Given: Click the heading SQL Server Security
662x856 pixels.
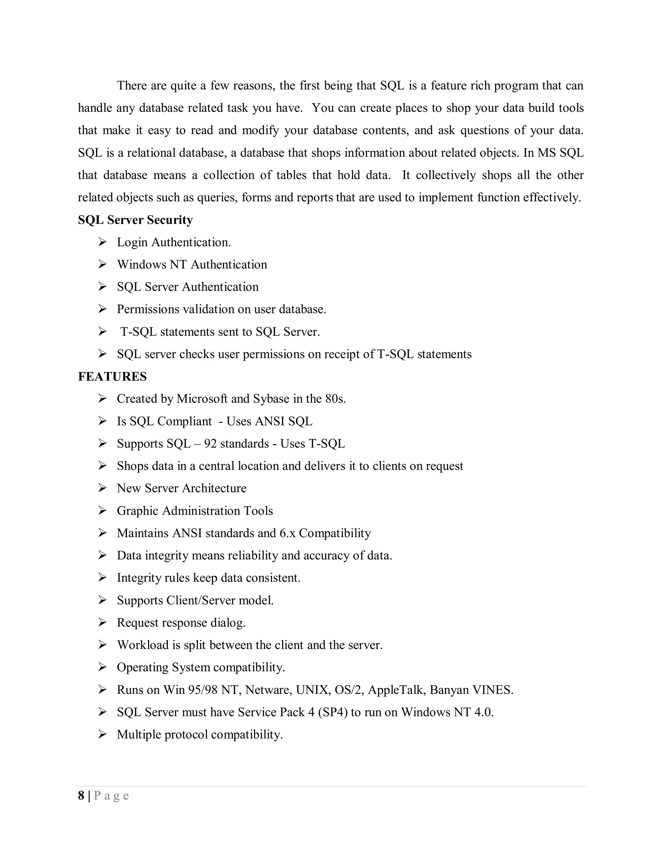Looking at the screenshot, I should pyautogui.click(x=135, y=220).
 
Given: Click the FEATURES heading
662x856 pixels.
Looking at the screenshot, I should pyautogui.click(x=112, y=376).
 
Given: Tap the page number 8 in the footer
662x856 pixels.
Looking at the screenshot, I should pyautogui.click(x=81, y=795).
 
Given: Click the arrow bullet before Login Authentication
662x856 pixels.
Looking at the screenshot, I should pyautogui.click(x=102, y=242).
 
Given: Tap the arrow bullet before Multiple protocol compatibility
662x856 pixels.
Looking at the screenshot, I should pyautogui.click(x=102, y=734).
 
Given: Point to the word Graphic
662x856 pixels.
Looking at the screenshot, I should pyautogui.click(x=138, y=511).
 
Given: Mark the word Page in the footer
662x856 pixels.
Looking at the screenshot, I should pyautogui.click(x=112, y=796).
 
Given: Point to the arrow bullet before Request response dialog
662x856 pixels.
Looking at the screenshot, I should pyautogui.click(x=102, y=622).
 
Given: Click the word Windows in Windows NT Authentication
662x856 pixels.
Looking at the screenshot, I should pyautogui.click(x=142, y=265).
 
